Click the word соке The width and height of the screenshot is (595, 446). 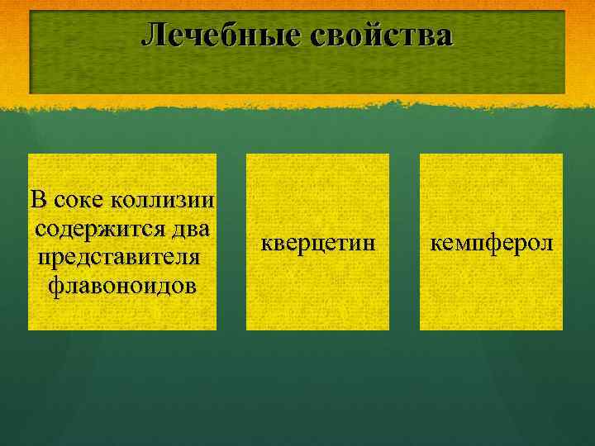79,199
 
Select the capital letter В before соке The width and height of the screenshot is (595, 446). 38,199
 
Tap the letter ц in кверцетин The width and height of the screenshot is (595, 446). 326,244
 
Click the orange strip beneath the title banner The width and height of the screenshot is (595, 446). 297,102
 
